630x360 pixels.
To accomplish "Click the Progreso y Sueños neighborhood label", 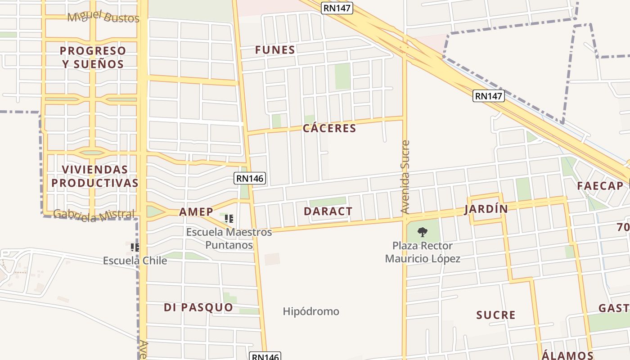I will pyautogui.click(x=93, y=57).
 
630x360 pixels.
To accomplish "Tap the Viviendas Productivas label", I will pyautogui.click(x=94, y=176).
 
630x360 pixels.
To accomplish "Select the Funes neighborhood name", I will pyautogui.click(x=275, y=50).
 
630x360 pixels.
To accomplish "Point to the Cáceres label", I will pyautogui.click(x=329, y=128).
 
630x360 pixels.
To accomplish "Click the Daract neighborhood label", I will pyautogui.click(x=328, y=211).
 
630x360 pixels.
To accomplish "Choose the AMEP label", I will pyautogui.click(x=196, y=212).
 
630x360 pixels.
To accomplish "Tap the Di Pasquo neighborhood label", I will pyautogui.click(x=198, y=307).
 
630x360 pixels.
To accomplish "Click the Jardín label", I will pyautogui.click(x=486, y=209).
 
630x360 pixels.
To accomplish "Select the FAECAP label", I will pyautogui.click(x=600, y=186).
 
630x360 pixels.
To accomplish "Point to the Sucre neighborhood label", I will pyautogui.click(x=496, y=315).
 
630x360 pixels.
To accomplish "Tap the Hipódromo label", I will pyautogui.click(x=311, y=311).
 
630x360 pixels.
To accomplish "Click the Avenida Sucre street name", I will pyautogui.click(x=405, y=177).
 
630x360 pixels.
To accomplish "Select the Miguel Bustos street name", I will pyautogui.click(x=103, y=18).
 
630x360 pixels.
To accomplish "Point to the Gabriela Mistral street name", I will pyautogui.click(x=94, y=215).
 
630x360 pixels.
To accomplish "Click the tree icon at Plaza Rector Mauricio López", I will pyautogui.click(x=422, y=232).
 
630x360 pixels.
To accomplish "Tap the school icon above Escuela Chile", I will pyautogui.click(x=135, y=247).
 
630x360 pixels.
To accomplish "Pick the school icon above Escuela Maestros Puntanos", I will pyautogui.click(x=229, y=219).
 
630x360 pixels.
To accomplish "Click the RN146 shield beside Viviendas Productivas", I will pyautogui.click(x=250, y=178).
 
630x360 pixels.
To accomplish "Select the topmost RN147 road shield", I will pyautogui.click(x=337, y=8).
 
